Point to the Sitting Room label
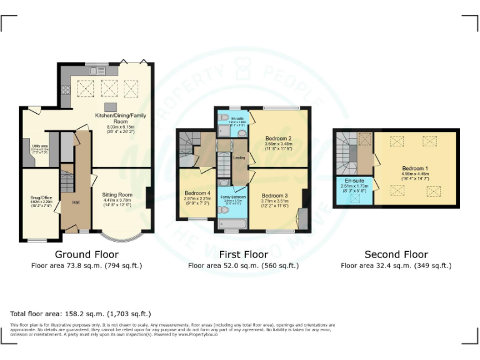[117, 195]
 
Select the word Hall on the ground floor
[76, 202]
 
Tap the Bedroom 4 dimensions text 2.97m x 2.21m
[197, 198]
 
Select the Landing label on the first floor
[239, 157]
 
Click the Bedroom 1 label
[415, 169]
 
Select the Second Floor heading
[396, 254]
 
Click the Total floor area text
[81, 314]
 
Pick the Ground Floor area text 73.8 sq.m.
[86, 266]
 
